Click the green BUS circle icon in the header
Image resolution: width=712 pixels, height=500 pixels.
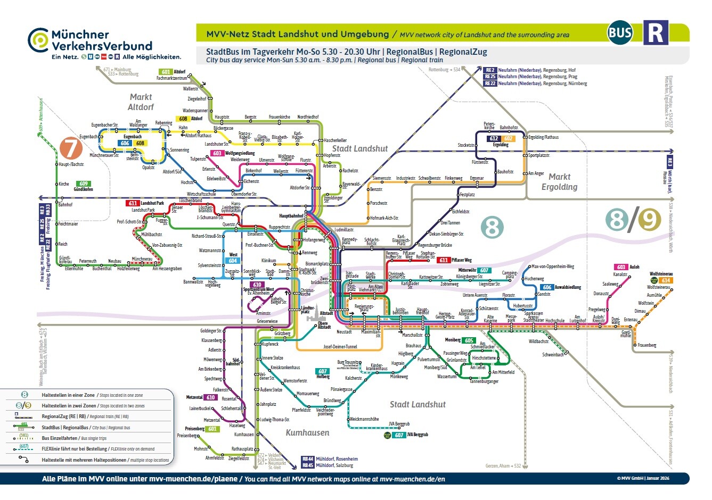620,34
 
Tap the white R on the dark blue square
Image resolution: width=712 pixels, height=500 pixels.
656,33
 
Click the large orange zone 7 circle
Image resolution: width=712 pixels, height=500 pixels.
71,148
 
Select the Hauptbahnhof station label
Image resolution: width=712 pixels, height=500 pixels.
291,216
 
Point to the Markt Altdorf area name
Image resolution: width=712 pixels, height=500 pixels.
141,102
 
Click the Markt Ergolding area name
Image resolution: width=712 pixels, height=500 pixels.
559,181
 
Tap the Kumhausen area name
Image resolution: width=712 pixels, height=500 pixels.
307,432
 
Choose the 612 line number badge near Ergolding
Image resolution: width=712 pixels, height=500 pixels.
494,139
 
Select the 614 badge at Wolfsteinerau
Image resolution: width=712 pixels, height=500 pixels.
666,280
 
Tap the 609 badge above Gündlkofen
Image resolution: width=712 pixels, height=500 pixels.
84,184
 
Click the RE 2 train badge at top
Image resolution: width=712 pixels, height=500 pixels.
490,70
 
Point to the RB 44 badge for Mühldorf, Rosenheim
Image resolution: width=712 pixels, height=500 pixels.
308,459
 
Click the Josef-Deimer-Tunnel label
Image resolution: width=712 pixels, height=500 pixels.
340,347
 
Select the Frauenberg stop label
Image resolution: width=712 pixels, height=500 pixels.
646,345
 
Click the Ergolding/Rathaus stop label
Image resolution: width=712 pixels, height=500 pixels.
543,137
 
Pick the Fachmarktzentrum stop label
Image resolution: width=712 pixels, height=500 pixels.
172,78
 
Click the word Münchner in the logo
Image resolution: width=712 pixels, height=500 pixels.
80,35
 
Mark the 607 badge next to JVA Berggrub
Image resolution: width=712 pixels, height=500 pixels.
399,435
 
